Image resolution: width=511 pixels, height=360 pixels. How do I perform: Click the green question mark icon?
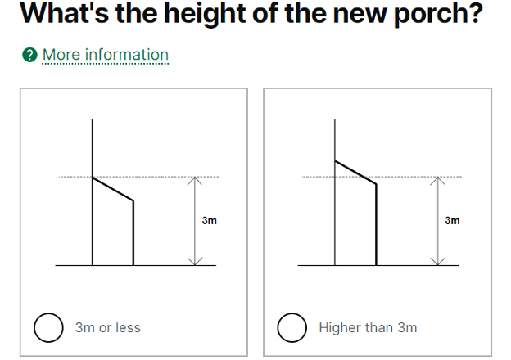(29, 55)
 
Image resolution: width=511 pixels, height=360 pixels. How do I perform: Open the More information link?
(106, 54)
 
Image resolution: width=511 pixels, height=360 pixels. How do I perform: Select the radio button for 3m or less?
(48, 327)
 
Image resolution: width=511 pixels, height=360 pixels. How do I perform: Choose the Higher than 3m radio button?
(292, 327)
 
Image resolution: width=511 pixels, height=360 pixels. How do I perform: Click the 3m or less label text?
(108, 327)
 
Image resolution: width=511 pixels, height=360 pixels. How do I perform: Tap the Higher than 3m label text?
(368, 327)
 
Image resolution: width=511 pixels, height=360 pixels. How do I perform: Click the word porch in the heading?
(438, 14)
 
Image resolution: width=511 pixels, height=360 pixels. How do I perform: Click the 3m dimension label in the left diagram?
(209, 220)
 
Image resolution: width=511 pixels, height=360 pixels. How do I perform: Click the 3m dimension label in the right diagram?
(452, 220)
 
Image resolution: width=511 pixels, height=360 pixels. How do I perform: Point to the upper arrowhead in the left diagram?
(195, 180)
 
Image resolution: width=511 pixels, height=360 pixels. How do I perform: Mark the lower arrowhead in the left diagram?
(195, 261)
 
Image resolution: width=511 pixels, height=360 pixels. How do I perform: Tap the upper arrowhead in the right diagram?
(437, 180)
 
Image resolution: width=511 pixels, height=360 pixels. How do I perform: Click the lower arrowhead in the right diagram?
(437, 261)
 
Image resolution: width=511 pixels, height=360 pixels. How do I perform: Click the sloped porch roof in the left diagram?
(113, 189)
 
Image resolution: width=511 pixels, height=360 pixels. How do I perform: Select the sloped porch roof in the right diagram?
(355, 173)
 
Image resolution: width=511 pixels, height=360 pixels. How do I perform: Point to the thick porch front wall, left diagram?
(133, 233)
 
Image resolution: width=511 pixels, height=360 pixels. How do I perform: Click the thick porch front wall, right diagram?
(376, 225)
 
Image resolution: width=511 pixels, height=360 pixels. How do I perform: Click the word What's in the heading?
(65, 13)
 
